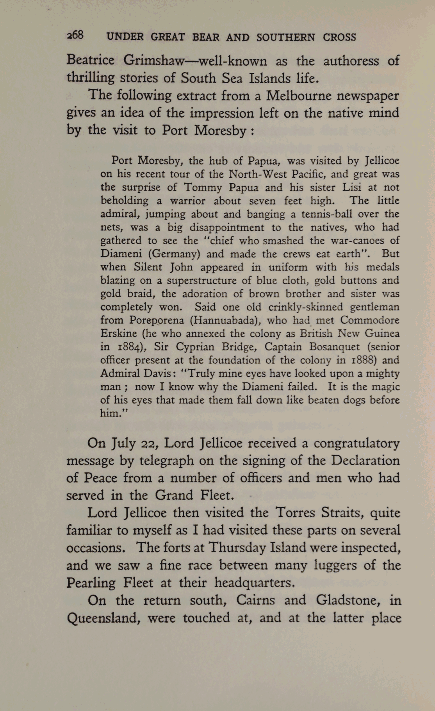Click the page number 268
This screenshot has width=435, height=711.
tap(75, 36)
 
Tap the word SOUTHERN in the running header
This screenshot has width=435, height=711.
tap(285, 38)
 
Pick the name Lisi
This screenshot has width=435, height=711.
tap(352, 188)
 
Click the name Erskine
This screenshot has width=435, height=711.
tap(119, 334)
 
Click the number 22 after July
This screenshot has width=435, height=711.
tap(149, 444)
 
